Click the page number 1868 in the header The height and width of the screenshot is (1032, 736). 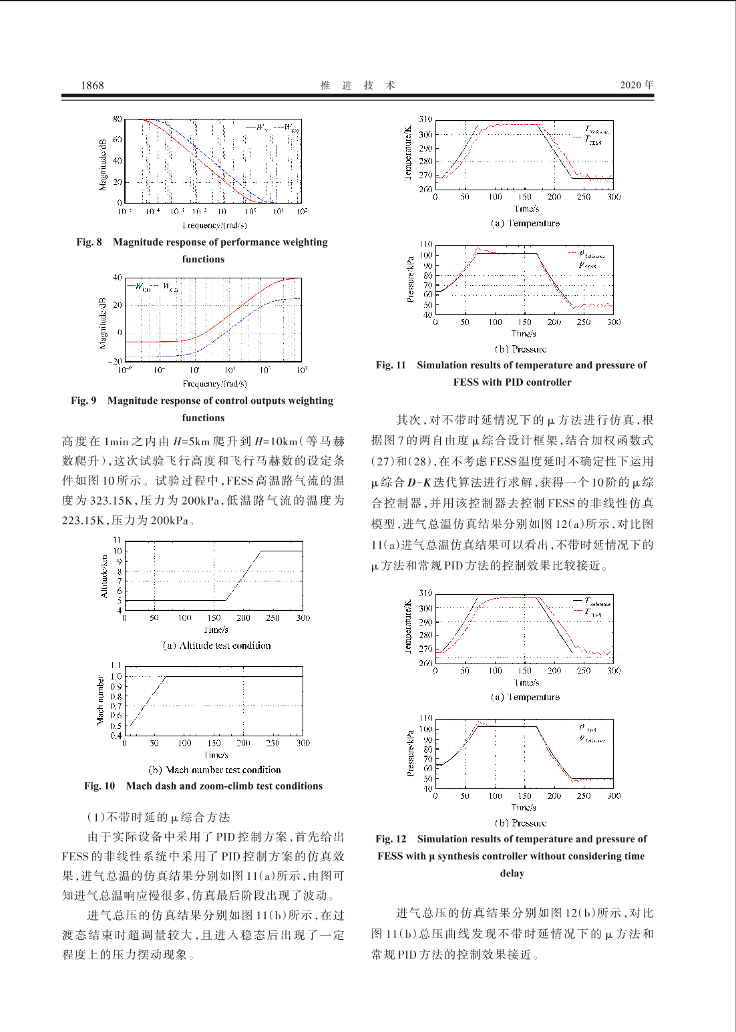(x=92, y=85)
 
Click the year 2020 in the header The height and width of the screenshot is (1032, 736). (x=631, y=85)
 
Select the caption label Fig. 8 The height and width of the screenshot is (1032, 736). (x=89, y=242)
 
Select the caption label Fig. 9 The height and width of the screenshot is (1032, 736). (x=83, y=401)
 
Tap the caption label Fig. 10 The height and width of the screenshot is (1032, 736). (x=99, y=786)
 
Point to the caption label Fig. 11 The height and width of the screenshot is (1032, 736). (x=391, y=365)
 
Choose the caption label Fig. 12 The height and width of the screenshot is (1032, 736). (x=391, y=839)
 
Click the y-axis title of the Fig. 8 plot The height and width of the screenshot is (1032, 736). (x=103, y=165)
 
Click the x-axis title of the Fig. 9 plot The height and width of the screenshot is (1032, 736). (x=214, y=384)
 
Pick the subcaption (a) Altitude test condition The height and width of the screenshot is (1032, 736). (x=216, y=646)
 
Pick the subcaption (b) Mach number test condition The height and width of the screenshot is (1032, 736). (x=214, y=770)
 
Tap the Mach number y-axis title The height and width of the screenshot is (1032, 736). (x=100, y=700)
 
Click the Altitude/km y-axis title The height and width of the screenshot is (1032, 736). (x=104, y=576)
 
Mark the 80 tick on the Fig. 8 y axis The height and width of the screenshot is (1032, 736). (x=117, y=119)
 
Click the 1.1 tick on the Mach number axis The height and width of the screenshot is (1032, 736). (x=116, y=666)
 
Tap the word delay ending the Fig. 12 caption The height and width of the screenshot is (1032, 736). (x=512, y=874)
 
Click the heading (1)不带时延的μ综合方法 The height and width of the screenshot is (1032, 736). (x=158, y=818)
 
